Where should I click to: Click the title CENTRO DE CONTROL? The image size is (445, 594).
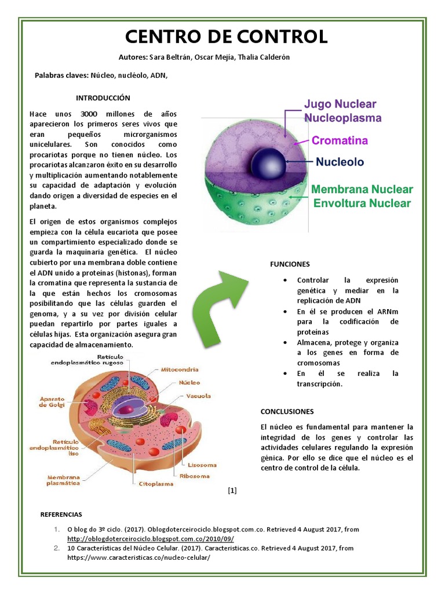tap(227, 37)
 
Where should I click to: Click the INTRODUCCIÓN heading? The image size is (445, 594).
tap(103, 98)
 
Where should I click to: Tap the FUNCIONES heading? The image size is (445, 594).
tap(290, 264)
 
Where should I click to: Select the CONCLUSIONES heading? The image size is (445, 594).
tap(287, 411)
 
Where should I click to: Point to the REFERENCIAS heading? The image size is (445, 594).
tap(61, 514)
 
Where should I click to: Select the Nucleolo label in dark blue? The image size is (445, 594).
tap(340, 162)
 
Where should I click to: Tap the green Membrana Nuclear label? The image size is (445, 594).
tap(362, 190)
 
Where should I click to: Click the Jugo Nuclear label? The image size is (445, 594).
tap(340, 104)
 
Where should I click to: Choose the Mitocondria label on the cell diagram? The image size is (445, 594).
tap(180, 369)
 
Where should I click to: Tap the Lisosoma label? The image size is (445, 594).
tap(202, 465)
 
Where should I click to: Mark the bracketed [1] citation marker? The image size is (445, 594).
tap(232, 491)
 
